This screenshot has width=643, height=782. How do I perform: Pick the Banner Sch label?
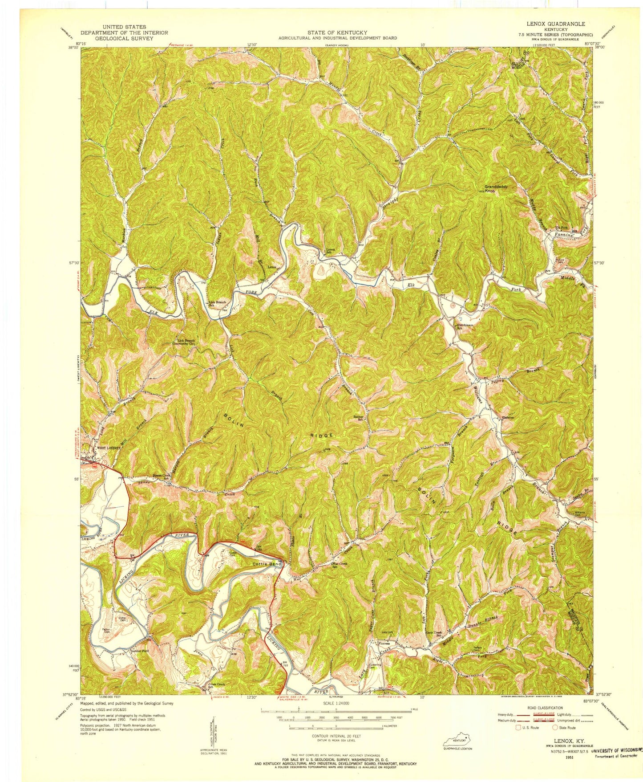point(359,418)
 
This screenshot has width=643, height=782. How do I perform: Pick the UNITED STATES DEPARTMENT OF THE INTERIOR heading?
point(124,33)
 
